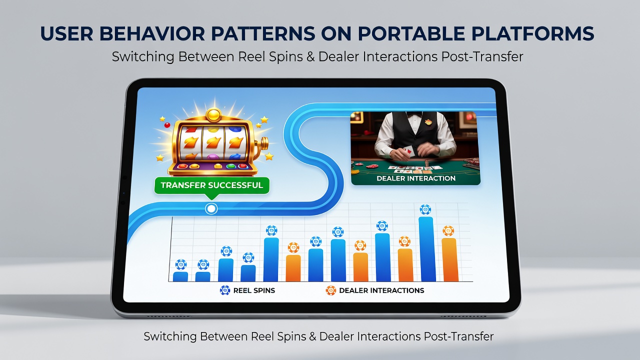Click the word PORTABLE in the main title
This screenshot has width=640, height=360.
pos(411,33)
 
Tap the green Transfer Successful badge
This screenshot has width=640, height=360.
pos(211,185)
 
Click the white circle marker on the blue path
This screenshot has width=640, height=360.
pos(211,209)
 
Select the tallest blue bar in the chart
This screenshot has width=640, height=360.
pos(428,249)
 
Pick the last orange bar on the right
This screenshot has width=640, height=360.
pos(449,260)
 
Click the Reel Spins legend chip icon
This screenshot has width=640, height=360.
pos(225,290)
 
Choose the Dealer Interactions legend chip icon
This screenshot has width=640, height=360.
pos(331,290)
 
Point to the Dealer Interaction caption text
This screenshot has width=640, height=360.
pos(416,178)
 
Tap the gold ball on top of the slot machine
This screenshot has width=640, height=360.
pos(213,115)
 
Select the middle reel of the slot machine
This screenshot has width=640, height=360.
pos(213,143)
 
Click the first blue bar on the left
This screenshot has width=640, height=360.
pos(180,276)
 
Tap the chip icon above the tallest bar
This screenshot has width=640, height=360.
pos(425,209)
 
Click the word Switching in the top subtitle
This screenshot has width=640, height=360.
pos(143,57)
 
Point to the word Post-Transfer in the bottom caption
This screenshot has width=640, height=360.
pos(458,336)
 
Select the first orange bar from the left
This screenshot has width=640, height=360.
pos(293,268)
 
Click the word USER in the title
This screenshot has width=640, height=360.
pos(67,33)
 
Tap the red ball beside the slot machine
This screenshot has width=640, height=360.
pos(167,125)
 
